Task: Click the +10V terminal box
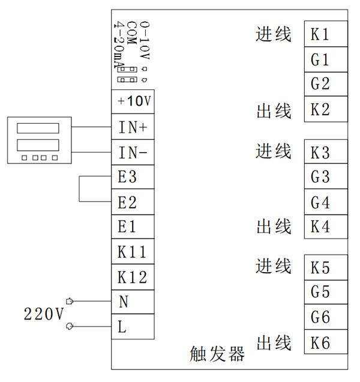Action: [132, 102]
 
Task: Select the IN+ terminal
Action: [132, 127]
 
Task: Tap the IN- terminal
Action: [132, 153]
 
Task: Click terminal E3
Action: [132, 178]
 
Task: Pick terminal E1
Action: [132, 228]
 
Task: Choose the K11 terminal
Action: [132, 252]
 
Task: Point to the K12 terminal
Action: [132, 277]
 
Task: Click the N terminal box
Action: [132, 302]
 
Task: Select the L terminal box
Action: [132, 327]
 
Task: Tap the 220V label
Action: [43, 314]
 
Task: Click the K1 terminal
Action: [325, 34]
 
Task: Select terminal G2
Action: [325, 84]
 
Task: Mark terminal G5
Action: [325, 293]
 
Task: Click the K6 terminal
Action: [325, 343]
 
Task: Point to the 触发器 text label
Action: [217, 354]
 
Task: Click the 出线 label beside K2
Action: [274, 111]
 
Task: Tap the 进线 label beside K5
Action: [274, 265]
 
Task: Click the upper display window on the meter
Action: [37, 128]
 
